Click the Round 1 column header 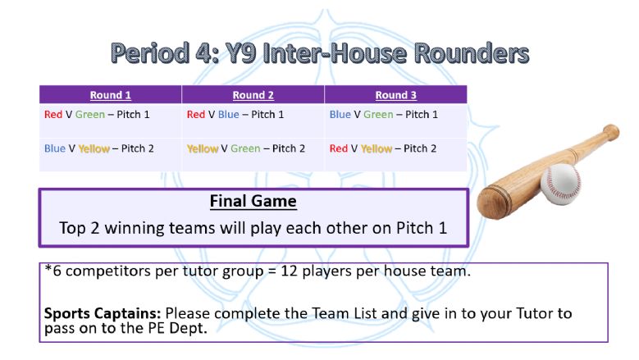pos(111,95)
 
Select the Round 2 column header pos(253,95)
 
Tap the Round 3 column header pos(395,95)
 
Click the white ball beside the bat pos(561,184)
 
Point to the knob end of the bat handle pos(611,132)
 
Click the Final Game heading pos(253,201)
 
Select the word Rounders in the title pos(472,53)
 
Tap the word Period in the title pos(150,53)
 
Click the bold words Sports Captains pos(103,313)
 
